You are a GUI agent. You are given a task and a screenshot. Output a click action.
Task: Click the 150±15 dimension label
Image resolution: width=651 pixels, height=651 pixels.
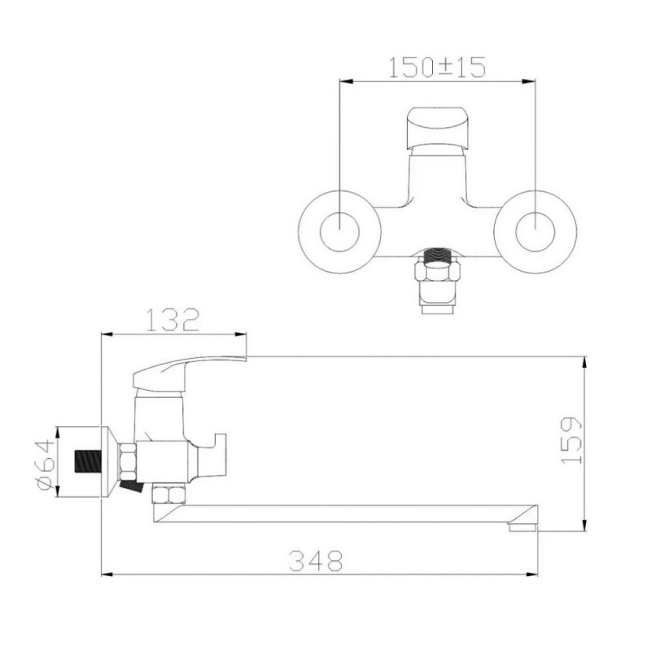coord(437,68)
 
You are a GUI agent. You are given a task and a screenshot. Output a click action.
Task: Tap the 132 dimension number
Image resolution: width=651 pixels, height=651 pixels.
coord(173,320)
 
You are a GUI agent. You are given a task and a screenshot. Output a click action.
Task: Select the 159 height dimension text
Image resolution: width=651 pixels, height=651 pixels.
coord(572,440)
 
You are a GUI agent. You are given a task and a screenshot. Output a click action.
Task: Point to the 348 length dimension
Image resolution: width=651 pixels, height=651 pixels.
coord(316,561)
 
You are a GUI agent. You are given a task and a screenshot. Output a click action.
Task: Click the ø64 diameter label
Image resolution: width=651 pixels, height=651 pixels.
coord(46,465)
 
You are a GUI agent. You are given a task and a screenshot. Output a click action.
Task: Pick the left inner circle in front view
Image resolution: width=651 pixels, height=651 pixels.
coord(339,232)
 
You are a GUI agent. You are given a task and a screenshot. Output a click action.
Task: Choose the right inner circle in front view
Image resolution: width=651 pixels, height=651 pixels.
coord(535,232)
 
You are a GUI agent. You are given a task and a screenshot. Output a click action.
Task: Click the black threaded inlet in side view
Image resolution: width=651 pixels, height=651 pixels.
coord(88,461)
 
